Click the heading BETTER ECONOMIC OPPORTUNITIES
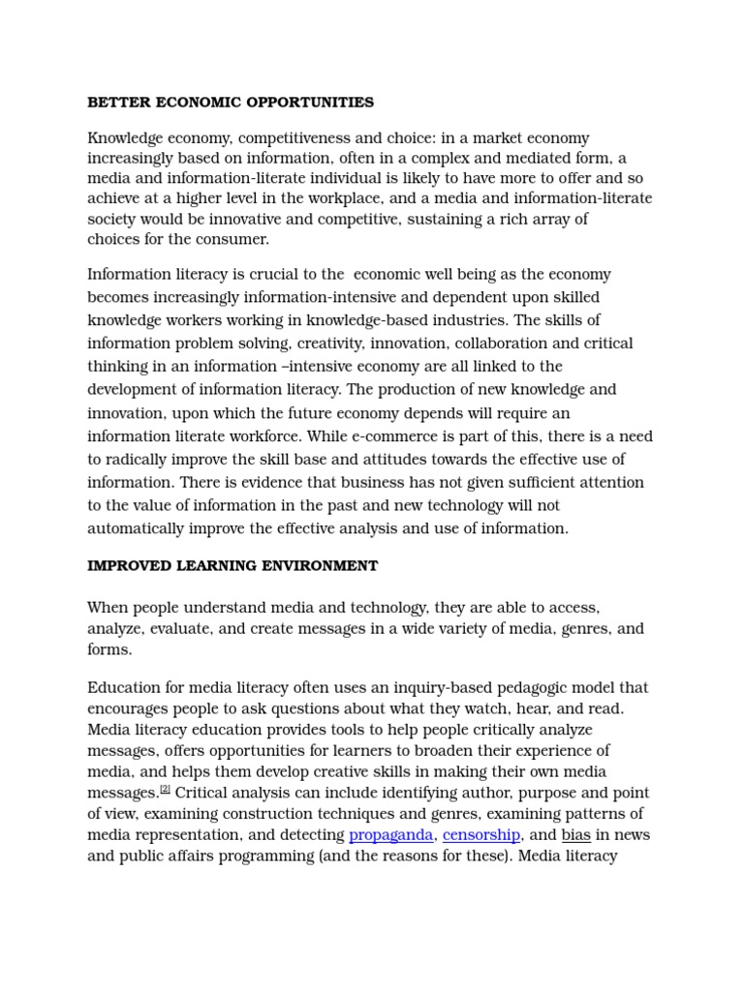(x=231, y=102)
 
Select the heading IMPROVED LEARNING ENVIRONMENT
(x=232, y=565)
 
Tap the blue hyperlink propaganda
(x=391, y=834)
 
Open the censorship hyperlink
(x=481, y=834)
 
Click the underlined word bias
(x=576, y=834)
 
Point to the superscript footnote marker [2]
(x=165, y=790)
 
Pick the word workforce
(x=273, y=436)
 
